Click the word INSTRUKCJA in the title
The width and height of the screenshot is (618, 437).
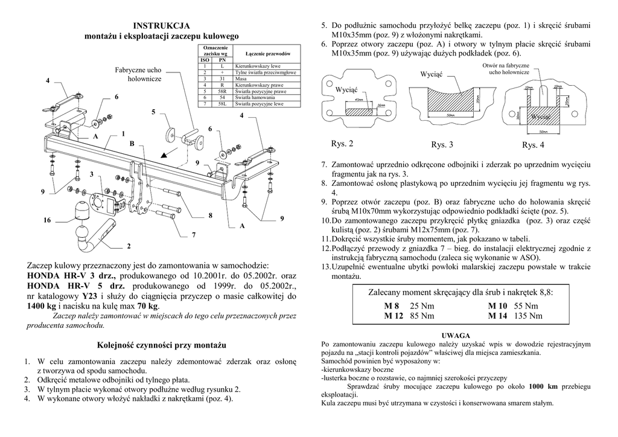tap(161, 26)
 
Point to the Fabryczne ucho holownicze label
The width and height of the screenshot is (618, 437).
tap(138, 74)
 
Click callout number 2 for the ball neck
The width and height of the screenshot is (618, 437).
tap(129, 246)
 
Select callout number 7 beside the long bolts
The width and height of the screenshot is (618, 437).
tap(194, 234)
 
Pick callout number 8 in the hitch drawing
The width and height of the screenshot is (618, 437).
tap(211, 215)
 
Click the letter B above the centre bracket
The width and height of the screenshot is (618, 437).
tap(132, 144)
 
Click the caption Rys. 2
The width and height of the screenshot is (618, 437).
tap(342, 144)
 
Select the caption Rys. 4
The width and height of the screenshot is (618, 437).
tap(534, 145)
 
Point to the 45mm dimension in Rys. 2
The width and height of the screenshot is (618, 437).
tap(358, 100)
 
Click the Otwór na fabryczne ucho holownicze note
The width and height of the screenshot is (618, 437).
tap(506, 68)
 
